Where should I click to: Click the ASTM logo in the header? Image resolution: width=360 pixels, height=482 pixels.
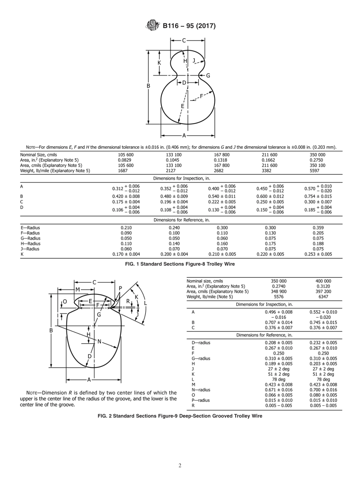pyautogui.click(x=153, y=26)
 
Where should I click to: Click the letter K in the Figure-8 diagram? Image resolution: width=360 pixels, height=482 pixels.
pyautogui.click(x=159, y=63)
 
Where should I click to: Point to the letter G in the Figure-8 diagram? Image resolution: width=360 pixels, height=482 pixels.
pyautogui.click(x=208, y=75)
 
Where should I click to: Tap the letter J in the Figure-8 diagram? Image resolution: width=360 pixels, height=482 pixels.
pyautogui.click(x=194, y=60)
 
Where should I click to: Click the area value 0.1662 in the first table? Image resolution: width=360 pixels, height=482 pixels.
pyautogui.click(x=269, y=160)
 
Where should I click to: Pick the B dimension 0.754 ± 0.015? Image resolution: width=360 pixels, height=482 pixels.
pyautogui.click(x=318, y=196)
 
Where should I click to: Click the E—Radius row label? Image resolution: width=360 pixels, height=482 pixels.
pyautogui.click(x=30, y=228)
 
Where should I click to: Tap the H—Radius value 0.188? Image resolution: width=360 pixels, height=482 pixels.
pyautogui.click(x=318, y=244)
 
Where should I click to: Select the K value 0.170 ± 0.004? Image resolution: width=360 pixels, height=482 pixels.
pyautogui.click(x=126, y=254)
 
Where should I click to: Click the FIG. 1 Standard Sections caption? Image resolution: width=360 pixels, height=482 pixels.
pyautogui.click(x=180, y=264)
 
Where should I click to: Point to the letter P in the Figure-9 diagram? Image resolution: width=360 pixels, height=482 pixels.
pyautogui.click(x=121, y=288)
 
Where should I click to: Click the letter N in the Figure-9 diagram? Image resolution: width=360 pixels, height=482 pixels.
pyautogui.click(x=99, y=341)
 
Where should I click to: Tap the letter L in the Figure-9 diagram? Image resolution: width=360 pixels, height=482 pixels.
pyautogui.click(x=146, y=304)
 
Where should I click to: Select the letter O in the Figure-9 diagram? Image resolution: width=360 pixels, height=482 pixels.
pyautogui.click(x=65, y=302)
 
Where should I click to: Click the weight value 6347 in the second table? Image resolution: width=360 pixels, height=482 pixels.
pyautogui.click(x=323, y=297)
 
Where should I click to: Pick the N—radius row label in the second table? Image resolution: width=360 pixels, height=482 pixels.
pyautogui.click(x=201, y=390)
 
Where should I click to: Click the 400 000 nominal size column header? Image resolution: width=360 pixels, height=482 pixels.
pyautogui.click(x=323, y=281)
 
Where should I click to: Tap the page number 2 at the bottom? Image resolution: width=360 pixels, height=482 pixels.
pyautogui.click(x=180, y=466)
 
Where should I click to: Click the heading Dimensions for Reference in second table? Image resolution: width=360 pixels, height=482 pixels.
pyautogui.click(x=264, y=335)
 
